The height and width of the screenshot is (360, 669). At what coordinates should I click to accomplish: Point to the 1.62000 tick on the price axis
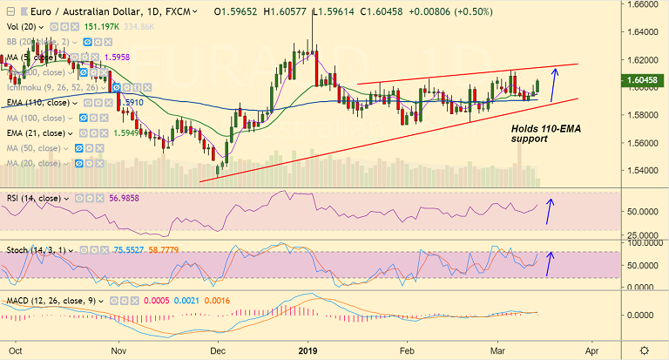(x=644, y=60)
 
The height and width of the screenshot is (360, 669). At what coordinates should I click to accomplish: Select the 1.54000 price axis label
(x=644, y=170)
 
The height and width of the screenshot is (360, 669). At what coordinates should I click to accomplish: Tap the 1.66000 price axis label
(x=644, y=5)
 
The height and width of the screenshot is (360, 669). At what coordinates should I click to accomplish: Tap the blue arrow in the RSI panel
(x=549, y=210)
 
